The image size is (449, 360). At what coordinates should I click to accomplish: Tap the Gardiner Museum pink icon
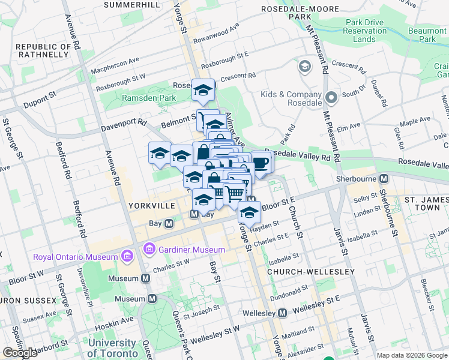[149, 248]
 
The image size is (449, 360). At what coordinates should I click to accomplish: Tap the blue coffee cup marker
[261, 163]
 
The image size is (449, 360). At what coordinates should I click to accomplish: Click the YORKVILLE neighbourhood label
[151, 205]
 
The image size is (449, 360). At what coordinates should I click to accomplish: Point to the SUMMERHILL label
[131, 5]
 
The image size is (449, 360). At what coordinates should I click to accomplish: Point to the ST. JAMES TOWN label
[426, 203]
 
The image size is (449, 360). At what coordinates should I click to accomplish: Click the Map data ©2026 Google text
[412, 355]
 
